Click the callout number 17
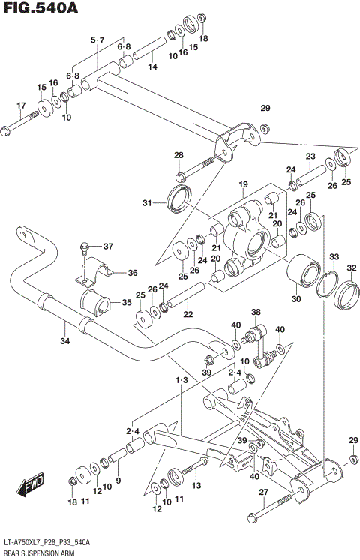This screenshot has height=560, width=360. pos(21,106)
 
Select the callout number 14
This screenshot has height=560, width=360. pos(152,67)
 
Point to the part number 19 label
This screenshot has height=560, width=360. pos(243,184)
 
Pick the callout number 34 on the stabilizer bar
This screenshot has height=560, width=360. pos(65,343)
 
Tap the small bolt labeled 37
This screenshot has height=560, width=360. pos(86,247)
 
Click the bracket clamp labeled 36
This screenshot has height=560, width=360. pos(91,272)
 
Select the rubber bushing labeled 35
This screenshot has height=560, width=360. pos(93,304)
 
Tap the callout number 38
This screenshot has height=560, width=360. pos(256,313)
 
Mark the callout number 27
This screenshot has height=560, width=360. pos(262,492)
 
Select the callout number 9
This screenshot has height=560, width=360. pos(118,480)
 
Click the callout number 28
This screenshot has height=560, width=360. pos(178,155)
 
